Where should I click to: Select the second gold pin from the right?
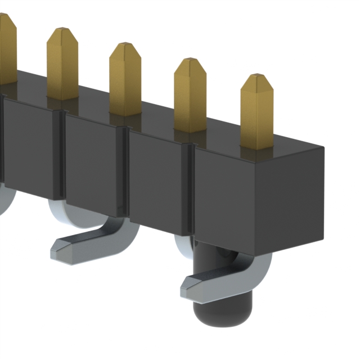pyautogui.click(x=190, y=96)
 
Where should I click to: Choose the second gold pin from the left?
pyautogui.click(x=62, y=65)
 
